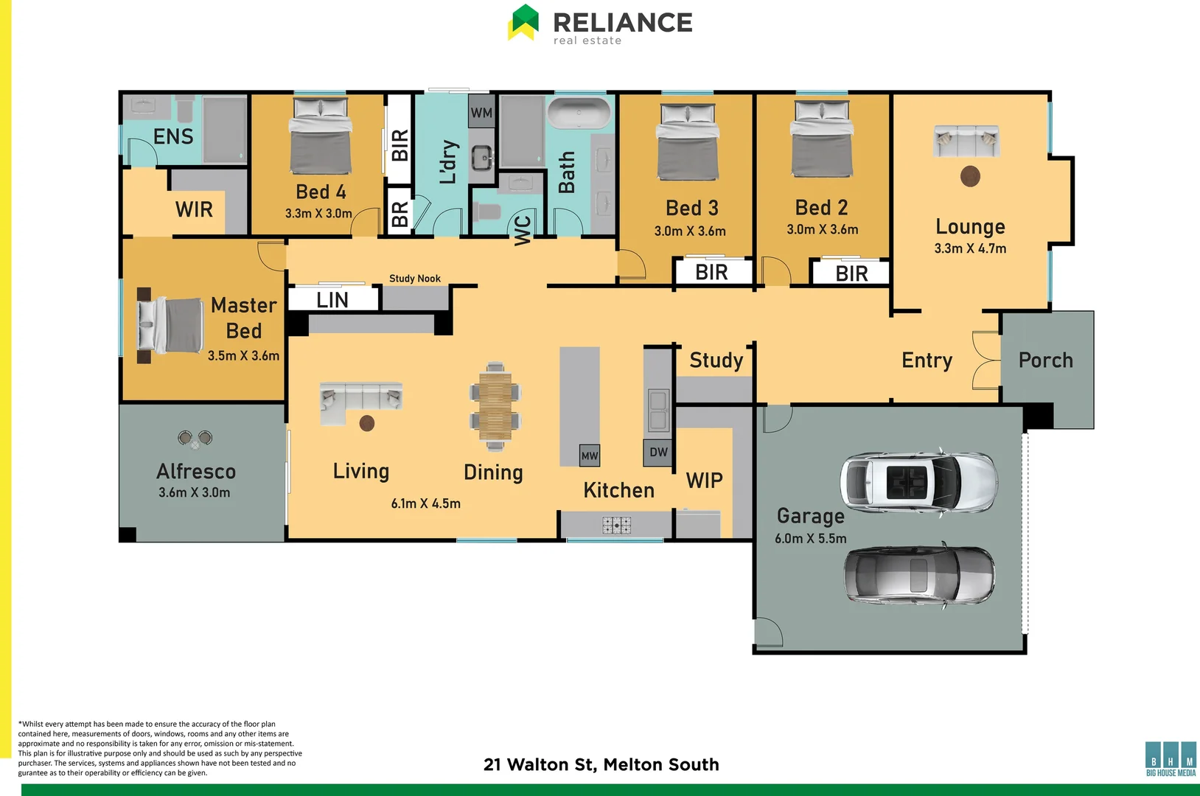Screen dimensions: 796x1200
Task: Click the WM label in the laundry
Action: [481, 113]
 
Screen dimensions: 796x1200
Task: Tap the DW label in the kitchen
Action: [658, 453]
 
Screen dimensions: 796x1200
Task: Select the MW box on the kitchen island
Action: [590, 455]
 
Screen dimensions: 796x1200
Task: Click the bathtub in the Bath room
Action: [579, 114]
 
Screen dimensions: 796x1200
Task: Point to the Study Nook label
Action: [415, 279]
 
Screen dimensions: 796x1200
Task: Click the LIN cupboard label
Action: [332, 300]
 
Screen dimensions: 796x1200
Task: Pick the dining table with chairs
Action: [495, 405]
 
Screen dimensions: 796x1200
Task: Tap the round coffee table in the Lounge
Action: [970, 176]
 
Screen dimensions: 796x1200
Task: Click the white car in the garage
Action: [918, 482]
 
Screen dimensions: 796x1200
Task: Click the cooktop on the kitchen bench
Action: [616, 525]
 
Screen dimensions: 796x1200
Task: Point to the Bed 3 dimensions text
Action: [690, 231]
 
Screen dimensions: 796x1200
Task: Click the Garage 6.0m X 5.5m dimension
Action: [811, 539]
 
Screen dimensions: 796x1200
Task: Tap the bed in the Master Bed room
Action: [171, 325]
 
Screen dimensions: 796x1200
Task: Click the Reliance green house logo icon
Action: [523, 22]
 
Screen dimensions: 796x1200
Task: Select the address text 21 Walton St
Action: [601, 764]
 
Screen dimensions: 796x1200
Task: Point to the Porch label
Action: [1045, 360]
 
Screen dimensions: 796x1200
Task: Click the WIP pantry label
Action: [705, 481]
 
